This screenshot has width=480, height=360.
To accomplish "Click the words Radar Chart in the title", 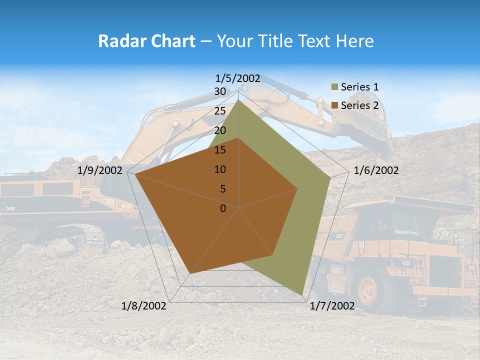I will [146, 41].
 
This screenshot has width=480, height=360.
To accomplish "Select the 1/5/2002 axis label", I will [238, 78].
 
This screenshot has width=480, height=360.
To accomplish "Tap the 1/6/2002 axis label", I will [376, 170].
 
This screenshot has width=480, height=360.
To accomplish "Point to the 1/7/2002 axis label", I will [332, 306].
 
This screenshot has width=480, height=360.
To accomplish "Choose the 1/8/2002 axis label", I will [144, 306].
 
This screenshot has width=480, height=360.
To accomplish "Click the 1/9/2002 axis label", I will [100, 170].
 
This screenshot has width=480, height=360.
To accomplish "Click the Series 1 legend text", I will [359, 87].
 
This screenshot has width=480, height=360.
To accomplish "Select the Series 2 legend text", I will [359, 105].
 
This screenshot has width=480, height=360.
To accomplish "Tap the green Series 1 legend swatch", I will [335, 87].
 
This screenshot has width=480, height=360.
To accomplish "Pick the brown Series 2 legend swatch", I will [335, 105].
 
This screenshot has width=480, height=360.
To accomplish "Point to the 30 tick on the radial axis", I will [220, 91].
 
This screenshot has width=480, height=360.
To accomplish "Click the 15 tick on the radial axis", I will [220, 150].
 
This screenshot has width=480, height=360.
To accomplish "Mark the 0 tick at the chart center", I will [223, 208].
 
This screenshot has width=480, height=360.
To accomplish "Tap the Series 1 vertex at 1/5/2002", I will [238, 100].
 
